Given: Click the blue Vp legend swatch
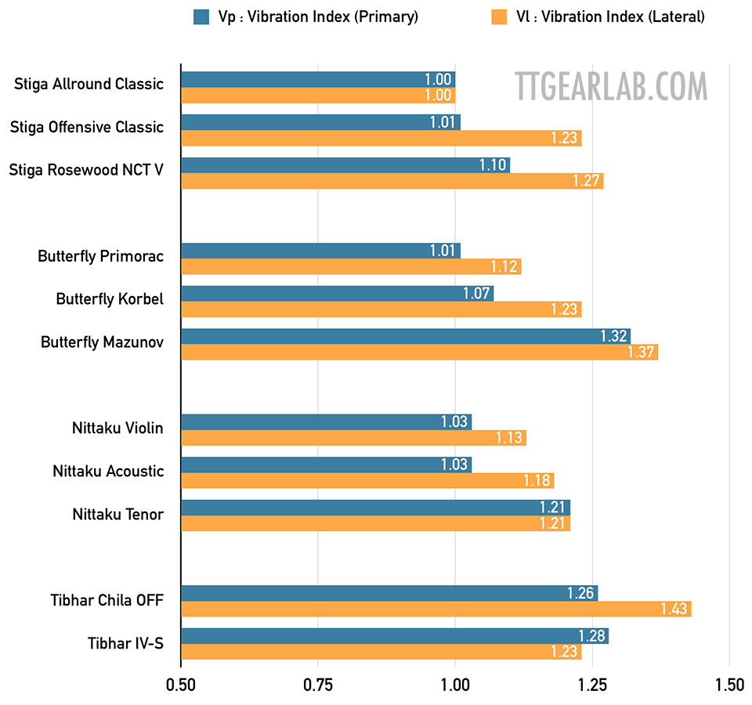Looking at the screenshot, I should click(x=201, y=16).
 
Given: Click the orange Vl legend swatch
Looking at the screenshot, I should click(x=499, y=16).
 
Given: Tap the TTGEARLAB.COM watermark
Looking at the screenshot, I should click(x=611, y=85).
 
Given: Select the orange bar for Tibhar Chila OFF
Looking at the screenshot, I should click(x=436, y=609).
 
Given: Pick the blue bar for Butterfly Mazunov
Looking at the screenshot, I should click(x=405, y=336).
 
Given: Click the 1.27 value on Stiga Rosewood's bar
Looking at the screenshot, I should click(x=587, y=181).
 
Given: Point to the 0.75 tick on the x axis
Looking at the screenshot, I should click(x=317, y=684).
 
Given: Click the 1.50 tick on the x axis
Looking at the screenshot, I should click(x=728, y=684).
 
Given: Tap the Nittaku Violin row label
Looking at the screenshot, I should click(x=117, y=428).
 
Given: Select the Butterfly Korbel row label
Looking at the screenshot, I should click(x=110, y=299).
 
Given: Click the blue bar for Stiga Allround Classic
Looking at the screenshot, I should click(x=317, y=79).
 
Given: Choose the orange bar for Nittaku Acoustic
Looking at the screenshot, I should click(x=367, y=480).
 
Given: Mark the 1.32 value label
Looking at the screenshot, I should click(x=614, y=336).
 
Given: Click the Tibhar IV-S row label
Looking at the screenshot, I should click(x=125, y=644).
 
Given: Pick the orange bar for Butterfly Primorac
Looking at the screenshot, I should click(x=350, y=266).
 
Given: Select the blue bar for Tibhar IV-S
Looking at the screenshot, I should click(x=394, y=635).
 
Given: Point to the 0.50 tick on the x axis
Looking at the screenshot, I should click(x=181, y=684).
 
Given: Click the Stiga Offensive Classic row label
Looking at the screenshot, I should click(x=87, y=127).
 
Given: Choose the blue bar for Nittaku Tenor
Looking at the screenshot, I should click(x=375, y=507).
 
